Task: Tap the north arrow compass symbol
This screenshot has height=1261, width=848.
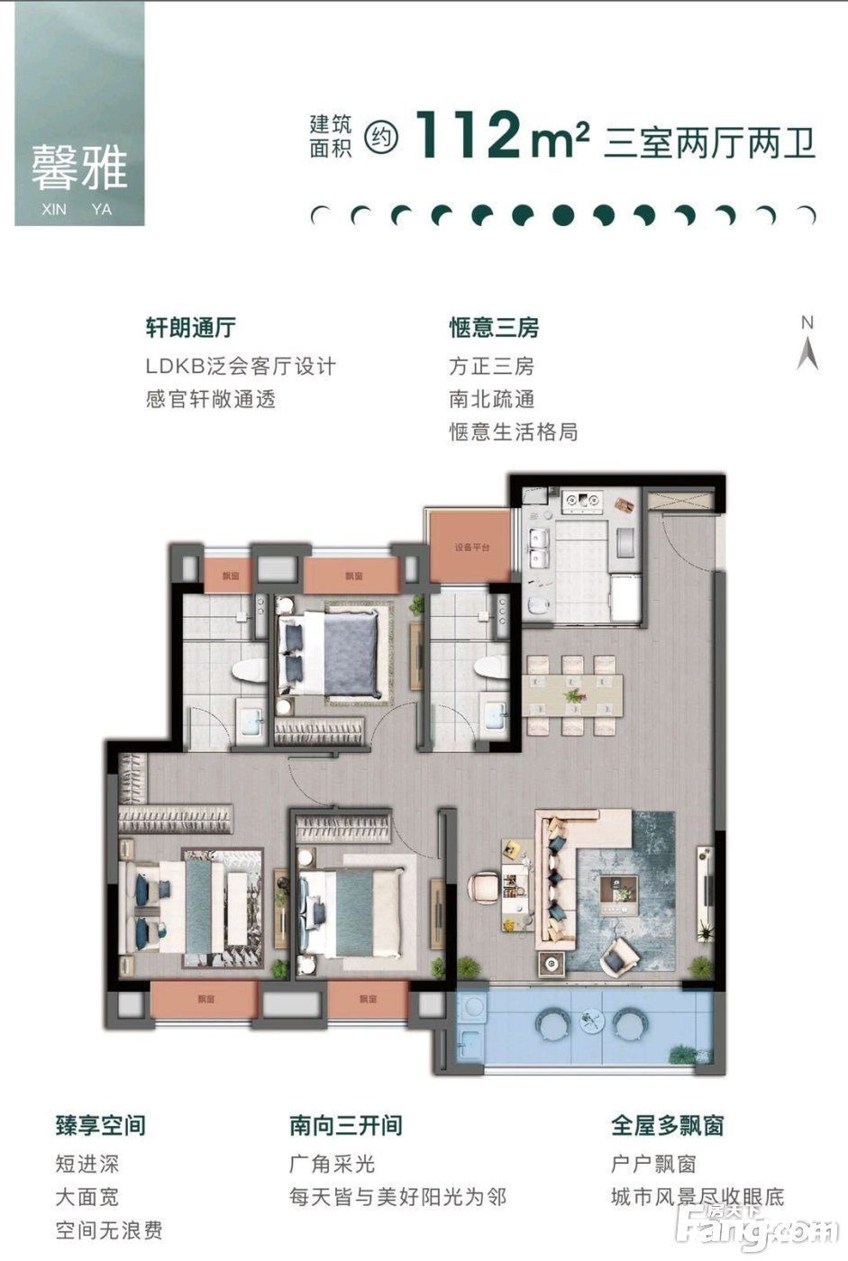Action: (x=807, y=346)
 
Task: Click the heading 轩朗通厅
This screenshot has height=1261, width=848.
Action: (x=191, y=327)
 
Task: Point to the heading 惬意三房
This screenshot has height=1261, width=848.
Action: (x=494, y=327)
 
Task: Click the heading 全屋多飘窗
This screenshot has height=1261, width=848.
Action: (x=667, y=1125)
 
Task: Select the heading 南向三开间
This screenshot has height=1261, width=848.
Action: (x=345, y=1125)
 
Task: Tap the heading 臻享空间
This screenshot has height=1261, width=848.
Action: (x=100, y=1125)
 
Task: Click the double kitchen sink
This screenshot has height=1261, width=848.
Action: (x=540, y=547)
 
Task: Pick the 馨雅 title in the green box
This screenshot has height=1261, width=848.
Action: (x=79, y=168)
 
